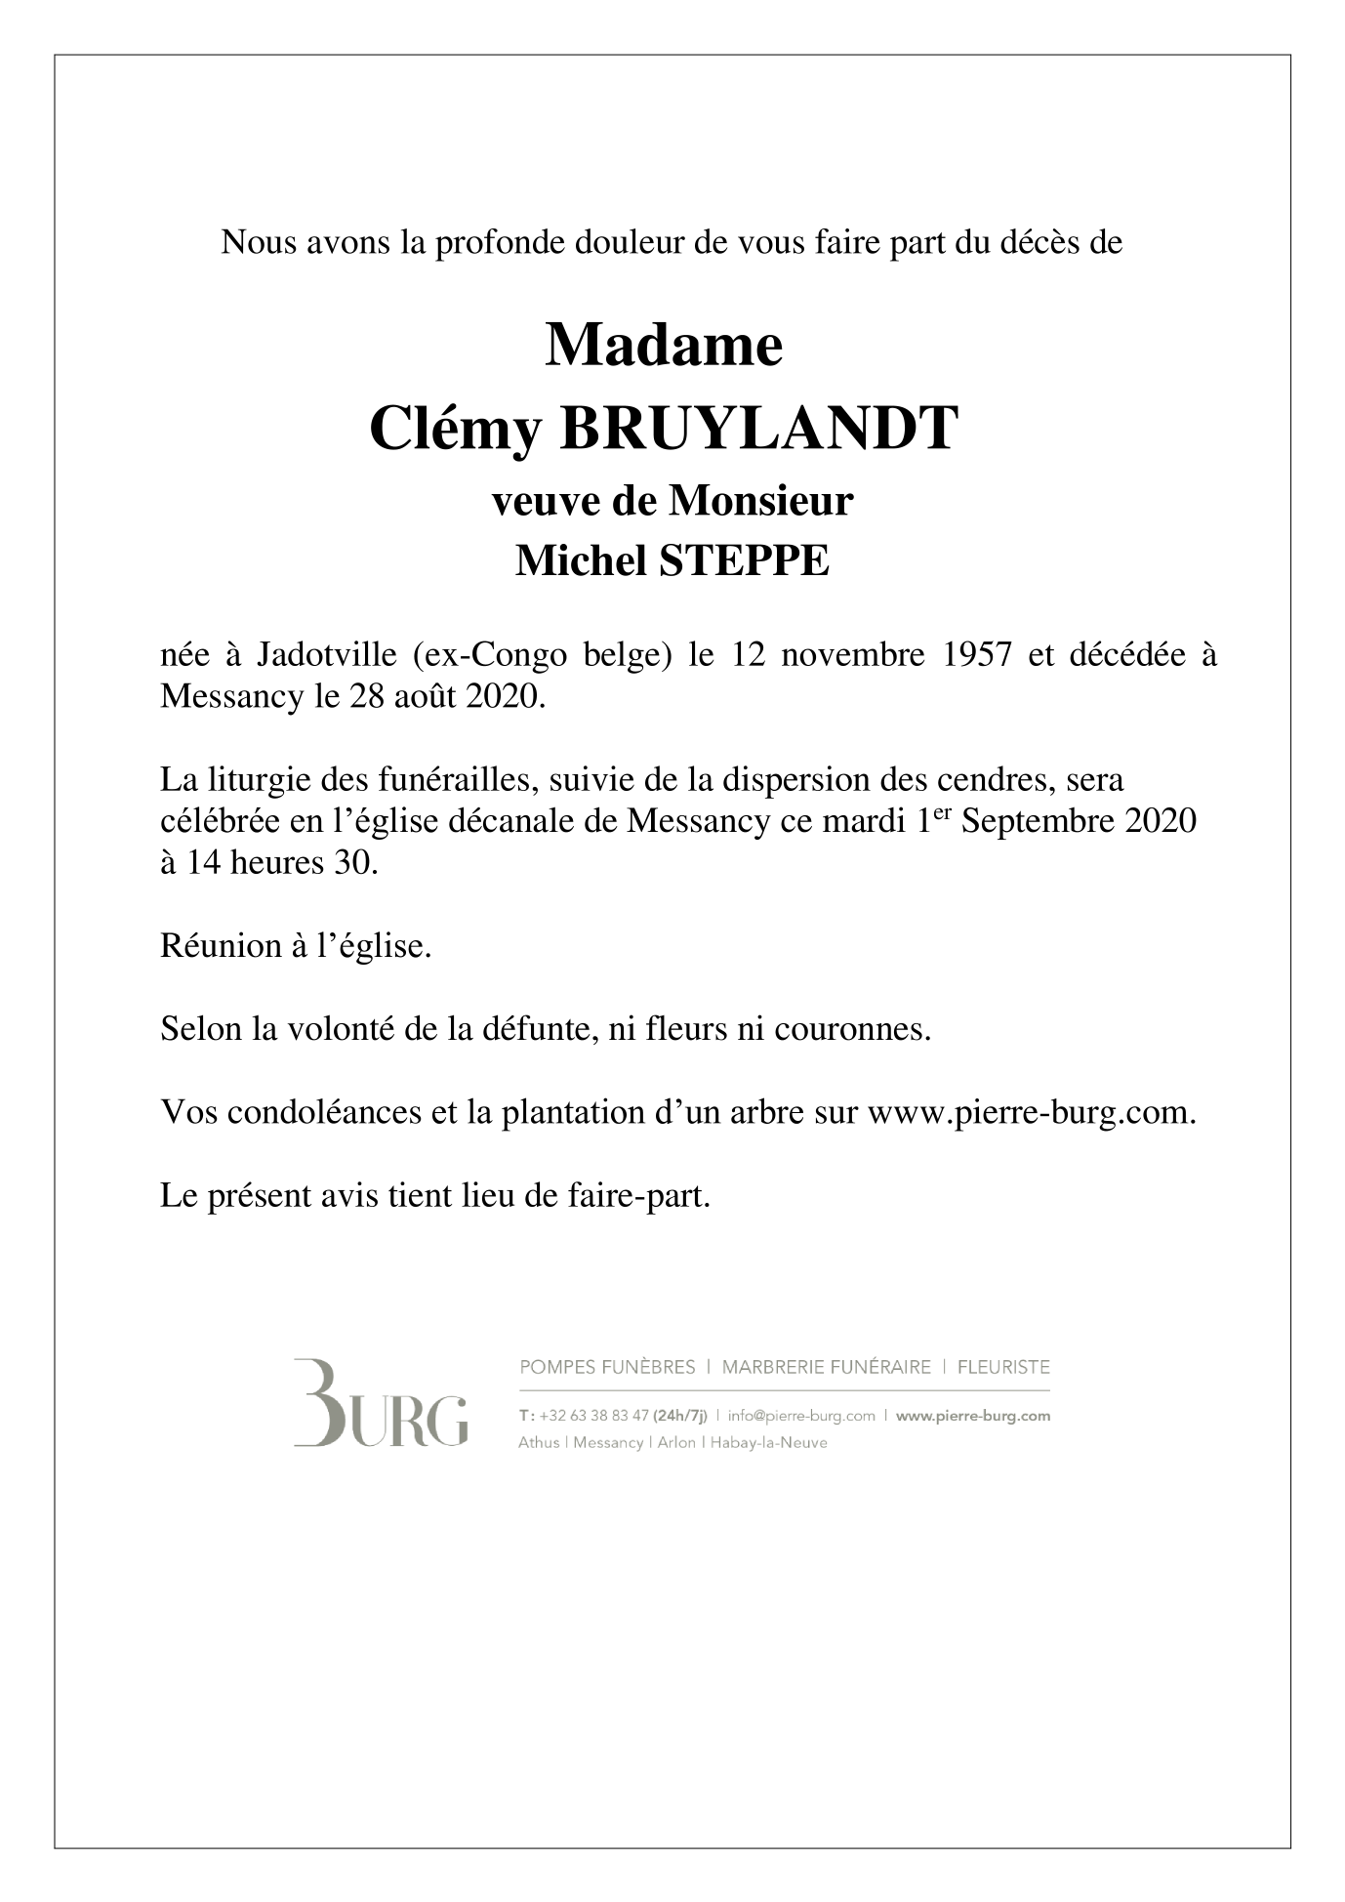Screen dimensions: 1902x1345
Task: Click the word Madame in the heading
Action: point(663,346)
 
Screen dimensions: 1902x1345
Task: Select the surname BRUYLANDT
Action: point(757,429)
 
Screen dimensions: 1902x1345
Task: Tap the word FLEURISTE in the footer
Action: point(1003,1367)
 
